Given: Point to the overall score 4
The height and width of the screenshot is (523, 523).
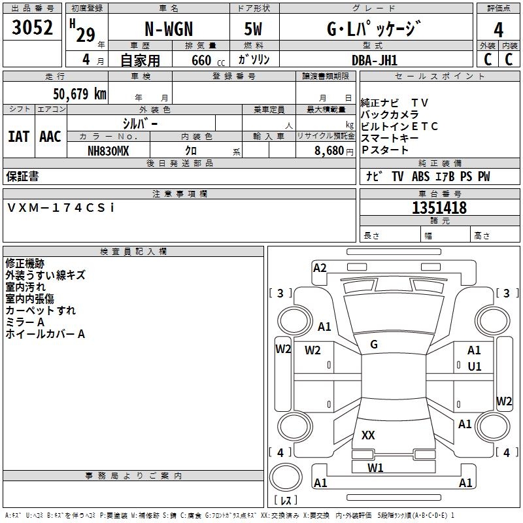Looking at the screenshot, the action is tap(498, 29).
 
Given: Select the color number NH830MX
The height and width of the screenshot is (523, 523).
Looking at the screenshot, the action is tap(109, 151).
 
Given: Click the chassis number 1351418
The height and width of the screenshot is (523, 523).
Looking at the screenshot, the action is tap(439, 208).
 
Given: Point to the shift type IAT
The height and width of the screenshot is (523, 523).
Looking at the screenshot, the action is tap(18, 137).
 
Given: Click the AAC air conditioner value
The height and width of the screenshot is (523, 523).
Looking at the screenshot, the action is tap(50, 137).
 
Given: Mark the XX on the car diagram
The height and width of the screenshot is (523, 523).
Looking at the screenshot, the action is tap(368, 435).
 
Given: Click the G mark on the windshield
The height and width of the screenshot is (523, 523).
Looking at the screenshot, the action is tap(374, 345).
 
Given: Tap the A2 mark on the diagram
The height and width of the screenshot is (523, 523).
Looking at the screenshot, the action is tap(320, 267).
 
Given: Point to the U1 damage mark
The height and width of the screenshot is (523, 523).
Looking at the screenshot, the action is tap(475, 367).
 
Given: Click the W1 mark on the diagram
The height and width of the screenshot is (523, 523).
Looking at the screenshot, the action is tap(375, 467).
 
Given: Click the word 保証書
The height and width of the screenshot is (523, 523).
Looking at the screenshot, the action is tap(22, 176).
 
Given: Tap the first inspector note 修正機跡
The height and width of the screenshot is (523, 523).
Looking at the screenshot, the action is tap(25, 263).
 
